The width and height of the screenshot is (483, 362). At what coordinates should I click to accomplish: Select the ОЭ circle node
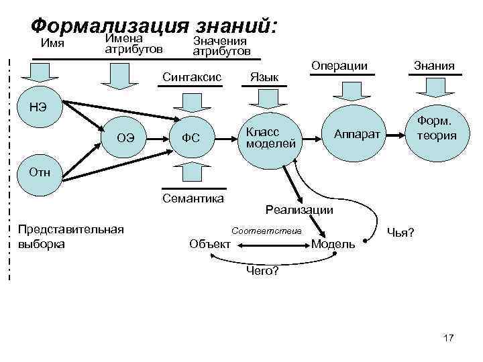[x=125, y=138]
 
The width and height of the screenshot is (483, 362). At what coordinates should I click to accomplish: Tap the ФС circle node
[x=192, y=138]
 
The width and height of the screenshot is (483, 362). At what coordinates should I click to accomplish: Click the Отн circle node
[x=42, y=172]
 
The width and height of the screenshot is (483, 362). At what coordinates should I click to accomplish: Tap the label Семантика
[x=193, y=198]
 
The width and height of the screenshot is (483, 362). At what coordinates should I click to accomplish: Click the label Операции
[x=339, y=66]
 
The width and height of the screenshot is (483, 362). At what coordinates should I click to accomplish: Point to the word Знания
[x=434, y=66]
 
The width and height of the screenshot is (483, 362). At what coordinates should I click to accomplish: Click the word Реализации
[x=299, y=209]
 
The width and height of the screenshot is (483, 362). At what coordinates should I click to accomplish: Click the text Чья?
[x=400, y=233]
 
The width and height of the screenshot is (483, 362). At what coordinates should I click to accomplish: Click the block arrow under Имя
[x=44, y=74]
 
